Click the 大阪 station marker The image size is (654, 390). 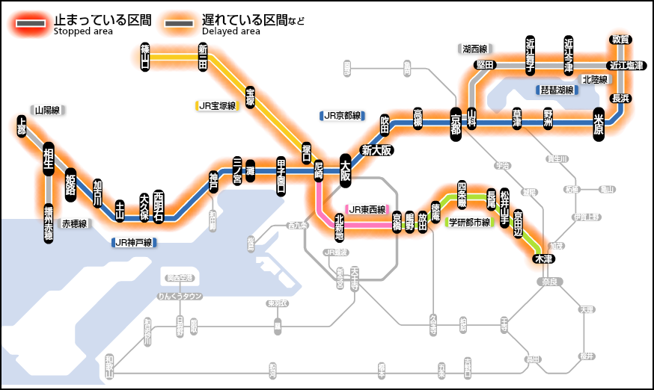coord(345,170)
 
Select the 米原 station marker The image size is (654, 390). coord(599,122)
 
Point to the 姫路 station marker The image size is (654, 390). coord(71,183)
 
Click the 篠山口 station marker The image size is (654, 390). coord(145,56)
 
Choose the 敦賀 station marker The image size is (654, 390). coord(620,39)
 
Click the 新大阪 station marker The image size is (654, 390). coord(377,149)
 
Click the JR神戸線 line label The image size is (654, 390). coord(133,242)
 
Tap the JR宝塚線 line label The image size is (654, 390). coord(217,106)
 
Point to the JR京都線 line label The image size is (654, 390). coord(341,116)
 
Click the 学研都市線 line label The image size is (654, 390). coord(468,222)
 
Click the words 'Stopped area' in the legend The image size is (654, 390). coord(84,31)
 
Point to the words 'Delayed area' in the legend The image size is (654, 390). coord(231,31)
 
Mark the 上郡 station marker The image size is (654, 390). coord(22,126)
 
